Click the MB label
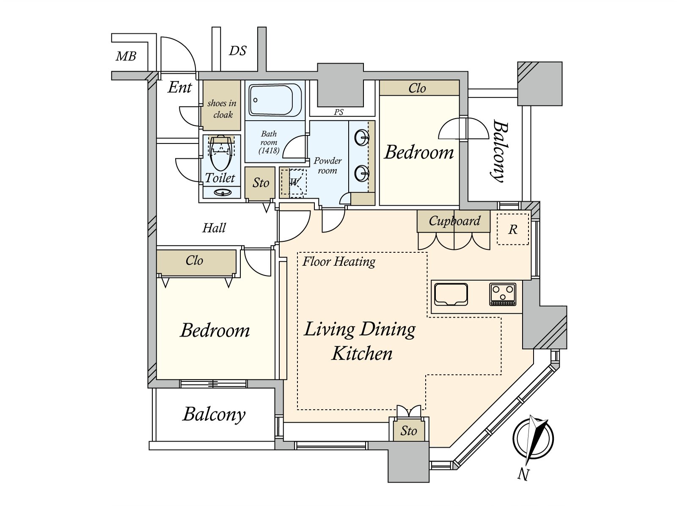pos(126,56)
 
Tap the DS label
pos(237,51)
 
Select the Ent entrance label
pos(180,87)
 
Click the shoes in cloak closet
pos(221,105)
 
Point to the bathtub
pos(271,100)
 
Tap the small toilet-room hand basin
pos(223,193)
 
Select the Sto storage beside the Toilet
pos(260,183)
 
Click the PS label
pos(338,112)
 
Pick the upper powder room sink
pos(361,137)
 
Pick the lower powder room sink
pos(361,174)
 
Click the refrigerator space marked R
pos(512,229)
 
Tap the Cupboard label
pos(454,221)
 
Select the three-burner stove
pos(503,294)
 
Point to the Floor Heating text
pos(338,262)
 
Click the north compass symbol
pos(533,438)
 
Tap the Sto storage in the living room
pos(409,430)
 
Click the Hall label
pos(214,228)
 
